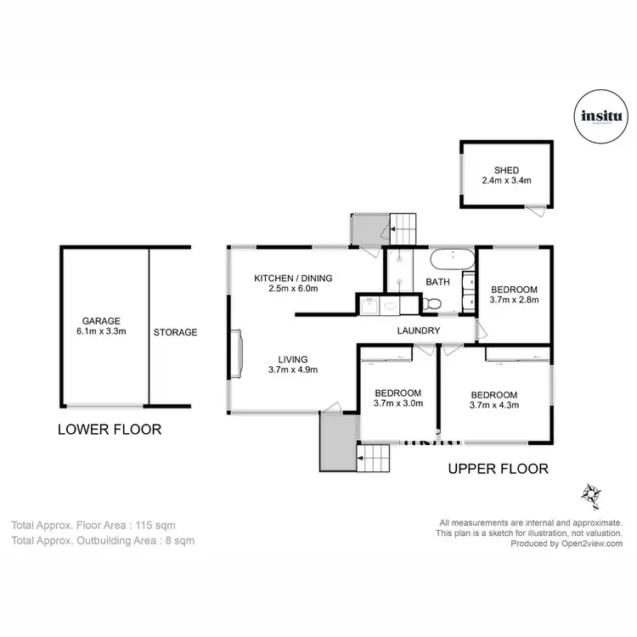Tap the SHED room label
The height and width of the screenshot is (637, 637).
506,170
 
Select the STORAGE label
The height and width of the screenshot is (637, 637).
175,332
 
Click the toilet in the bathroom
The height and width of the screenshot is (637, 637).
434,303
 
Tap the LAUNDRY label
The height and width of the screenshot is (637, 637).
418,330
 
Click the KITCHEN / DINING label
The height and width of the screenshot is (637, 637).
293,278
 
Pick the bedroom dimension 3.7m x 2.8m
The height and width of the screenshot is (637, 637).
515,299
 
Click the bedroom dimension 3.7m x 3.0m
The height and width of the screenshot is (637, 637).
397,404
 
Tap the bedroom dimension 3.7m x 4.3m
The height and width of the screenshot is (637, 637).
493,405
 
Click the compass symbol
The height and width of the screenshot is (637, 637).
589,493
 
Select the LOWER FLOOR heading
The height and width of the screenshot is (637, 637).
109,430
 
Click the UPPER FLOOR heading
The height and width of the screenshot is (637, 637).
498,468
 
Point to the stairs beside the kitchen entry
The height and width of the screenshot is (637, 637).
404,228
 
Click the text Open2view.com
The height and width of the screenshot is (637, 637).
591,544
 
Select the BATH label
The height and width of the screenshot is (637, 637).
437,282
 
